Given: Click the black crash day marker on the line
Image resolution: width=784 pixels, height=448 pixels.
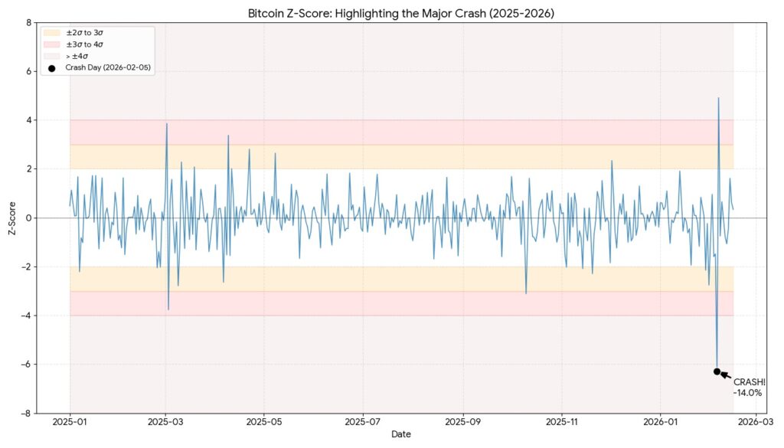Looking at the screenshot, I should [x=717, y=371].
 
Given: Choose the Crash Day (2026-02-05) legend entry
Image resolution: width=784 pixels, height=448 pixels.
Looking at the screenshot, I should [x=107, y=68].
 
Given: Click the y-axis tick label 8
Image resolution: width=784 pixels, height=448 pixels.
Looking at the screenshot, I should [x=28, y=22].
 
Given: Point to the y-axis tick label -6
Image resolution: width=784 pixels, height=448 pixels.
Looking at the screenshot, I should [x=27, y=365].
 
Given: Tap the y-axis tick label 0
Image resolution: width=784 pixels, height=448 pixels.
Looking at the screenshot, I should [x=28, y=218].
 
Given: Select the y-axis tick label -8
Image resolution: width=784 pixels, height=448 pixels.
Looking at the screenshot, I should [x=27, y=414].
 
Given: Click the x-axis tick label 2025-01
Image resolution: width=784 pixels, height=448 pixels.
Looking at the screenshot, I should [x=70, y=422].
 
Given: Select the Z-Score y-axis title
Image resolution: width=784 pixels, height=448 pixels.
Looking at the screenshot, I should [x=11, y=218].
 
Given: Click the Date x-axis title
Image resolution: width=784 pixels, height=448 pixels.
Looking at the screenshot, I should [x=401, y=435].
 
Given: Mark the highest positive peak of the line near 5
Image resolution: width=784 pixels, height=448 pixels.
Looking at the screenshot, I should [x=718, y=98].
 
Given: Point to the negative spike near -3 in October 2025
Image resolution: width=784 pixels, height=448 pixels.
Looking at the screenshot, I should [x=526, y=293].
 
